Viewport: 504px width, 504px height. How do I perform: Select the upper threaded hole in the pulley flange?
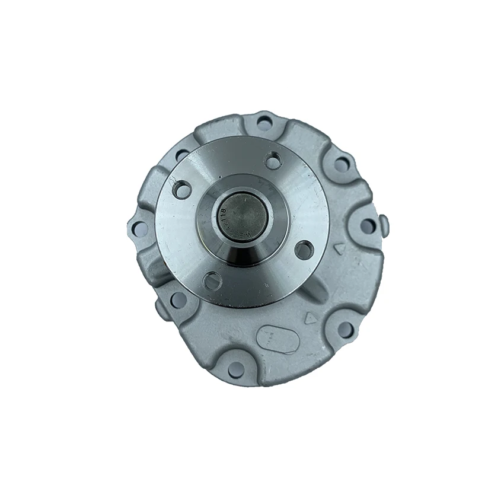[273, 160]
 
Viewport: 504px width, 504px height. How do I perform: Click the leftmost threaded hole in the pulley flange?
[182, 190]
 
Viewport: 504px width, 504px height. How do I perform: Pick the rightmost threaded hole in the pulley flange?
[304, 250]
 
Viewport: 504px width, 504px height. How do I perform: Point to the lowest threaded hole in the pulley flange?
[212, 280]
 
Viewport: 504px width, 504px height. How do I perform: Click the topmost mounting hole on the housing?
[264, 123]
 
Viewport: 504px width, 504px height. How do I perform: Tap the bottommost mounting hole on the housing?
[236, 369]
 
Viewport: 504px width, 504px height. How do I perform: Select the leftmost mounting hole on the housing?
[140, 228]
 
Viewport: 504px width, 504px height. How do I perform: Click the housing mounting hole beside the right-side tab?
[368, 226]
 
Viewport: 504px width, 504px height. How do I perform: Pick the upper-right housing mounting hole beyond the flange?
[342, 164]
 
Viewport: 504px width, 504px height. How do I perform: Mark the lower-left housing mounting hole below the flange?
[178, 300]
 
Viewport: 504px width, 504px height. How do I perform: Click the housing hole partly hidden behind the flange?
[181, 155]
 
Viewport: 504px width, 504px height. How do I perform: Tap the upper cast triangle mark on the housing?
[339, 249]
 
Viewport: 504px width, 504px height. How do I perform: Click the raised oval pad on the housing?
[277, 340]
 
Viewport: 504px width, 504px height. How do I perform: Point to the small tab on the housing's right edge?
[384, 226]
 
